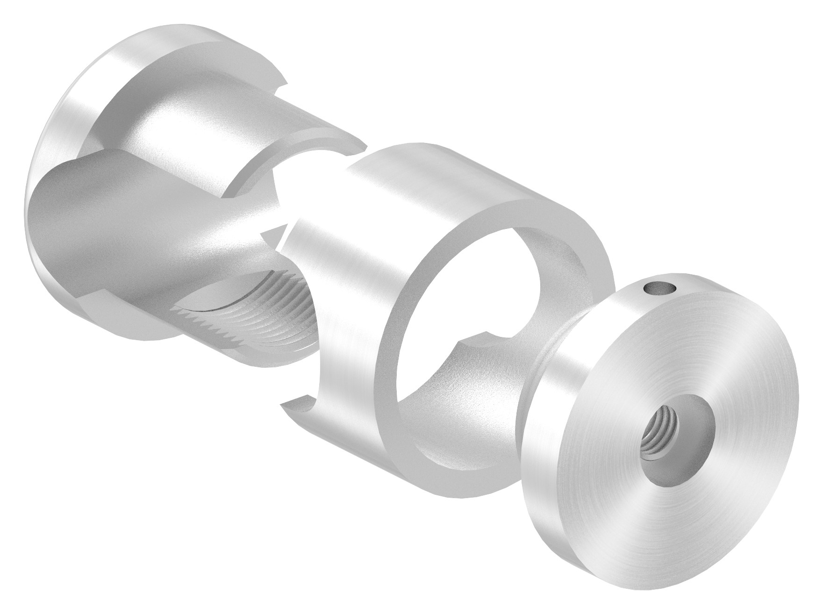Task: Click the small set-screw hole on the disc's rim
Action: coord(656,289)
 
